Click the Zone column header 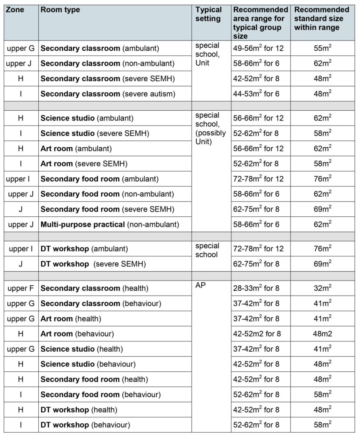(x=14, y=9)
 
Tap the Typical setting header (x=209, y=14)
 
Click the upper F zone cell (x=20, y=289)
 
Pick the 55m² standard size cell (x=323, y=49)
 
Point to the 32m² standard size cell (x=323, y=289)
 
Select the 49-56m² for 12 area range (x=258, y=49)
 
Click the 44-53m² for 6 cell (x=256, y=94)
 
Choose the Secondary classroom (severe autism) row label (x=108, y=94)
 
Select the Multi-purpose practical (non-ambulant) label (x=110, y=224)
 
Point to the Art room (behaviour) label (x=77, y=334)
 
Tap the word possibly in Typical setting (x=209, y=133)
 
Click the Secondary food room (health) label (x=94, y=379)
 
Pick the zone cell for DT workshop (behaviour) (x=20, y=425)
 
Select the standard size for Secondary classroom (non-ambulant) (x=323, y=63)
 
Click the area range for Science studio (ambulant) (x=258, y=118)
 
